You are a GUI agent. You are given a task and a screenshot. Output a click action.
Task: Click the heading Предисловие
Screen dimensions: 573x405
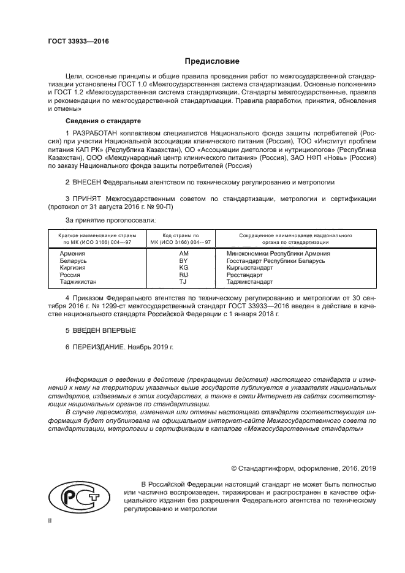208,61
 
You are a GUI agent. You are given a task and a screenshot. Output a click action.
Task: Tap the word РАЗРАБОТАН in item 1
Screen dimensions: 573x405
97,132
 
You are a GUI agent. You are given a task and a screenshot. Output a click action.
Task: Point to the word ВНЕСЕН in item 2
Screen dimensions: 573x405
86,183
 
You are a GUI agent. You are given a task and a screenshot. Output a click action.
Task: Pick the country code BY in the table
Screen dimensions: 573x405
183,260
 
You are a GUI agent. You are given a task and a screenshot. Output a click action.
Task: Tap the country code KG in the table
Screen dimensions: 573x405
183,268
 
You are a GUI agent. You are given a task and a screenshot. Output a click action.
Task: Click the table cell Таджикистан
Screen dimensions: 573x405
78,282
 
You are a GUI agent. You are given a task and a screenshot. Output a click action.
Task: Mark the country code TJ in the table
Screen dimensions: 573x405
183,282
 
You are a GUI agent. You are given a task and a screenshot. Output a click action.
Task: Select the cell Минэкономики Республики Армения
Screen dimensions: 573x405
278,253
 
